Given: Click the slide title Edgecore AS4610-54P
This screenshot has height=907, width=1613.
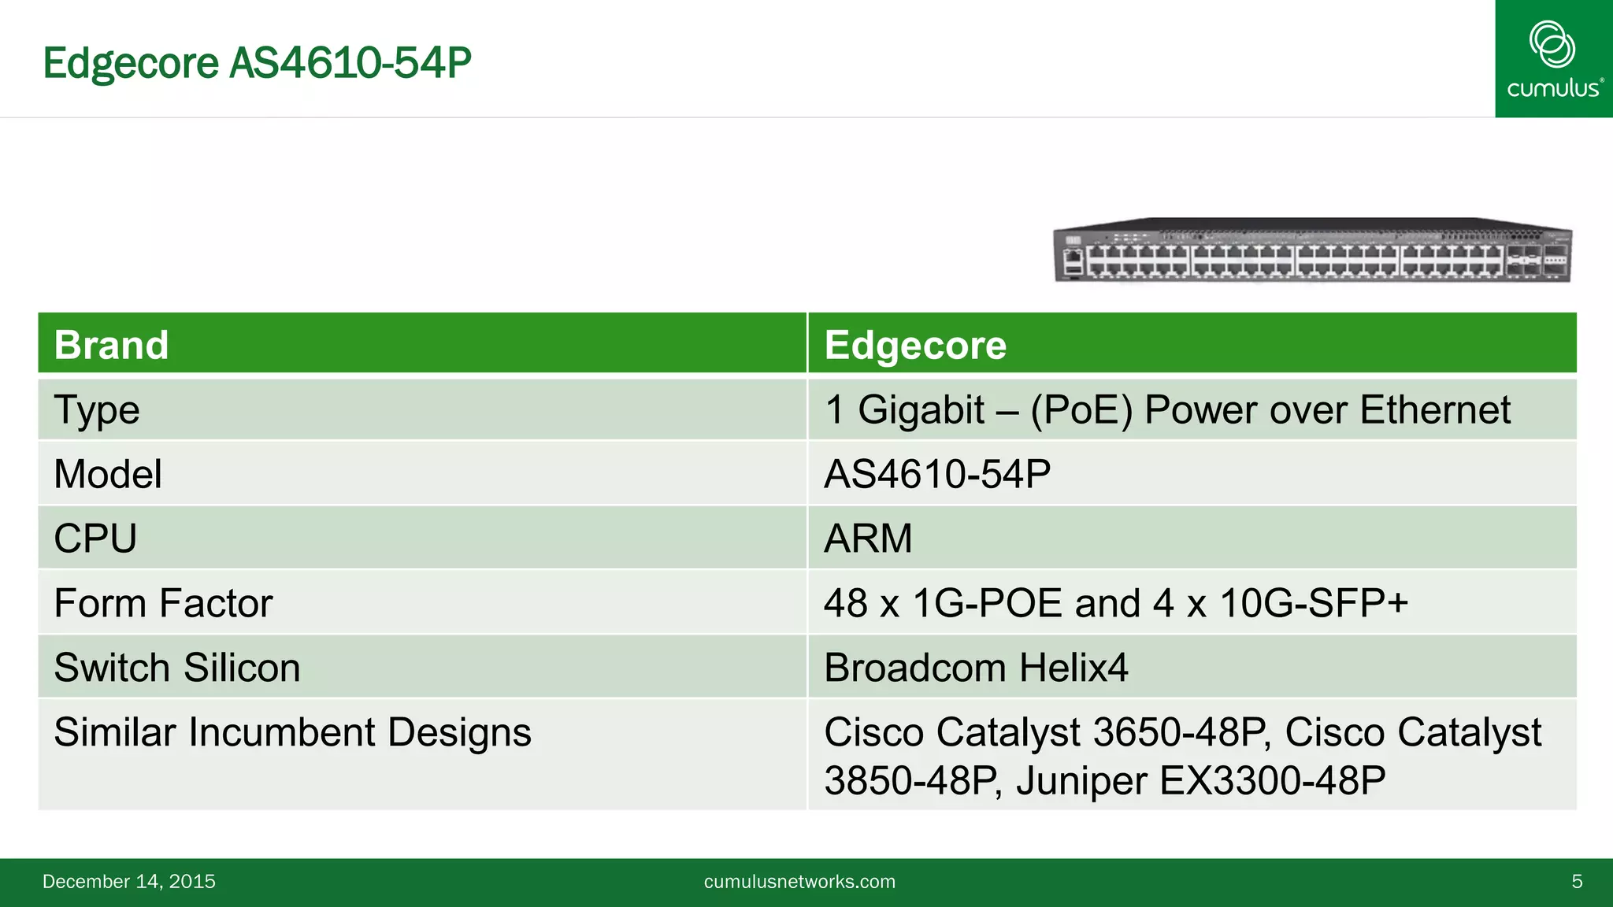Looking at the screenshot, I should [257, 63].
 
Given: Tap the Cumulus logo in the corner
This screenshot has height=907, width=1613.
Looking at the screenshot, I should [1553, 59].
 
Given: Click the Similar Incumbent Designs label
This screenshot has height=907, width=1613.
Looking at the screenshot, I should [292, 732].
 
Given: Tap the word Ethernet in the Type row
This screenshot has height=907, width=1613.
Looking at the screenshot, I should [1435, 410].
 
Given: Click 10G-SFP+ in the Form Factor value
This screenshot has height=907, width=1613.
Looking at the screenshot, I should [1314, 603].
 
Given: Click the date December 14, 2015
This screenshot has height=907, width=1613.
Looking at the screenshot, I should [129, 882].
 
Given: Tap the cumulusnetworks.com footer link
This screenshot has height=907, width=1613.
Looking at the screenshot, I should [799, 882].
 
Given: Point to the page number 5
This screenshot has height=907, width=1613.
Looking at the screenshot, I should [1577, 882].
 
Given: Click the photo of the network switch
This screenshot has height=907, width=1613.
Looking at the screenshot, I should [1312, 250].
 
